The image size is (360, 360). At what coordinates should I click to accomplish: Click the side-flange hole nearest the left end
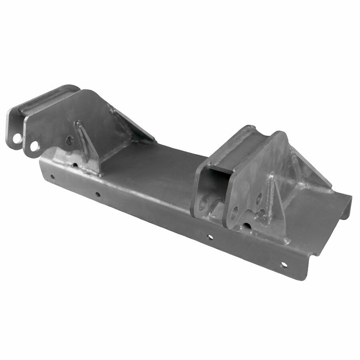(x=52, y=176)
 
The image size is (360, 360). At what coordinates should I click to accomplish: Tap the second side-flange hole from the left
(x=97, y=194)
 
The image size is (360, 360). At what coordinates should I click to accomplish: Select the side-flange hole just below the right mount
(x=210, y=237)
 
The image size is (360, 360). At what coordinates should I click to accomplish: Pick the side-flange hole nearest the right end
(x=284, y=264)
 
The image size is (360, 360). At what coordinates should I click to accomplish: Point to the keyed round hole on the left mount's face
(x=70, y=140)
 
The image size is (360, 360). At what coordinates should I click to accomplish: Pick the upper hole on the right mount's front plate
(x=259, y=196)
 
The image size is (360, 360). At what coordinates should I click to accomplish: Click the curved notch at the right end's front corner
(x=316, y=252)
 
